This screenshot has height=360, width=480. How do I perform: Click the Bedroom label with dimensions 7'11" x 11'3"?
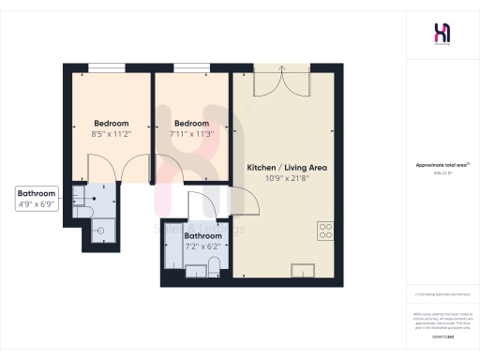click(191, 123)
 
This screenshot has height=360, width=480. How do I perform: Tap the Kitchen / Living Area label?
click(286, 167)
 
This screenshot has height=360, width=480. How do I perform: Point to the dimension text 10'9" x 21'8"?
click(287, 178)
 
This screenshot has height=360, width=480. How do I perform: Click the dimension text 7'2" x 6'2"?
click(202, 246)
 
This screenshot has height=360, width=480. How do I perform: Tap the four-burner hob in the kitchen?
click(325, 230)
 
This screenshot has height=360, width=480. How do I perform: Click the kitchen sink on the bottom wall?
click(305, 271)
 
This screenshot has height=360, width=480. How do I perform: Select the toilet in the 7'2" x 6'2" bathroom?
click(214, 271)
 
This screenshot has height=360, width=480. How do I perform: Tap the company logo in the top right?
click(441, 32)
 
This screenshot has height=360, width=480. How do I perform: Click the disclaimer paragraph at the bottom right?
click(441, 318)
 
